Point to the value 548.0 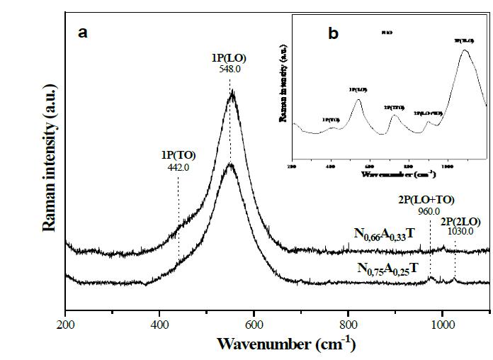(x=229, y=72)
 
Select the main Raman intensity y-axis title (x=50, y=161)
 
